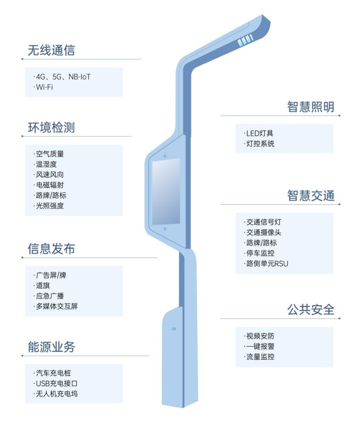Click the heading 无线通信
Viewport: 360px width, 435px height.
pyautogui.click(x=51, y=50)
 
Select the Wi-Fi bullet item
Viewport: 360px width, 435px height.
pyautogui.click(x=44, y=87)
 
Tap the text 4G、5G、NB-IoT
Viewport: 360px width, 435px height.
pyautogui.click(x=63, y=77)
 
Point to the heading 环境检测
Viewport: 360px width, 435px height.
pyautogui.click(x=51, y=127)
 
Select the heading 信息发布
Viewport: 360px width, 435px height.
pyautogui.click(x=51, y=248)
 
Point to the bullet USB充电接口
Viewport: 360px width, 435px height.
pyautogui.click(x=57, y=383)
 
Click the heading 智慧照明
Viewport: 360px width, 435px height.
pyautogui.click(x=311, y=107)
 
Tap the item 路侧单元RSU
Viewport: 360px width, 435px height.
pyautogui.click(x=267, y=264)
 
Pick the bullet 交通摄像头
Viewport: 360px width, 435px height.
pyautogui.click(x=263, y=232)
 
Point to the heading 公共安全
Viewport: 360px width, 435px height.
pyautogui.click(x=311, y=310)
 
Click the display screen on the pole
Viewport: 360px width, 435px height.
pyautogui.click(x=166, y=191)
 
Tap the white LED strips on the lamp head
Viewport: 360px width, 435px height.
pyautogui.click(x=245, y=41)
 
